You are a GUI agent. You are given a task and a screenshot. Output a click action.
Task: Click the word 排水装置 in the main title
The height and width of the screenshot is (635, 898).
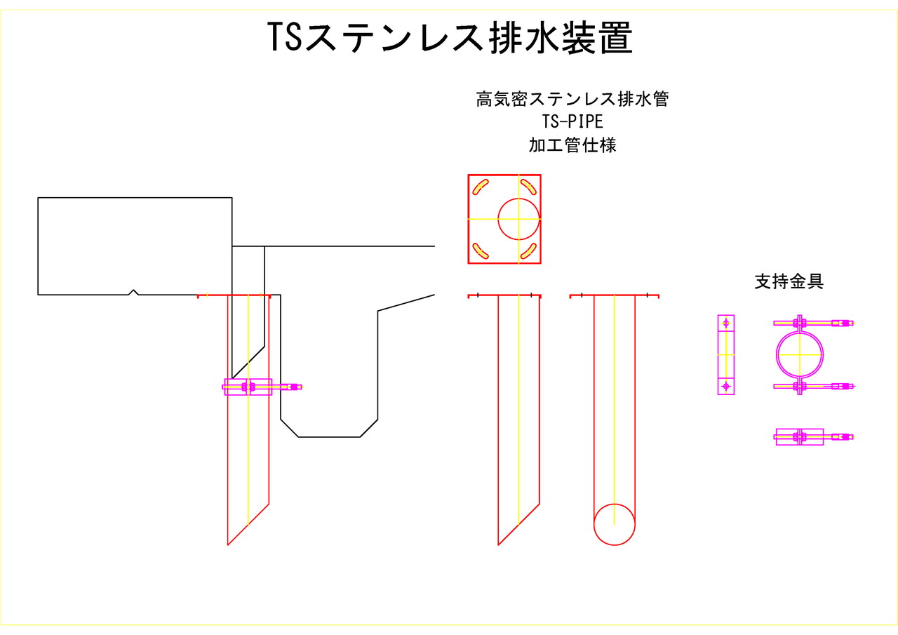coord(560,37)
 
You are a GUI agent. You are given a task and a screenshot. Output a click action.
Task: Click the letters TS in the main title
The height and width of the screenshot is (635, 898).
coord(285,37)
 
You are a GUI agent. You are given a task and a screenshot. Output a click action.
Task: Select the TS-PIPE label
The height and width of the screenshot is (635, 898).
coord(572,122)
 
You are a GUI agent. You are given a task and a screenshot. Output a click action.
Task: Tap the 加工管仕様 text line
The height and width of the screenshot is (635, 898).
coord(572,146)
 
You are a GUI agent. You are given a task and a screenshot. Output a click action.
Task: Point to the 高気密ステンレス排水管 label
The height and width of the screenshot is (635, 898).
coord(572,99)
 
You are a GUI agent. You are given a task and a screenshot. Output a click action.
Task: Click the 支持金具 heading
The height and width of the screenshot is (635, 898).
coord(789,282)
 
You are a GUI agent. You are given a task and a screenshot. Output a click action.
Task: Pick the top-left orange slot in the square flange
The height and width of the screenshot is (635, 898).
coord(481,187)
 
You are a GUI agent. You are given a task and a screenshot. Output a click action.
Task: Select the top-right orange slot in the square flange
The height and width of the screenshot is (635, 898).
coord(528,187)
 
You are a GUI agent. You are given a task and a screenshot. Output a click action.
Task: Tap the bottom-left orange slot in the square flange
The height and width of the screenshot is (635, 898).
coord(481,250)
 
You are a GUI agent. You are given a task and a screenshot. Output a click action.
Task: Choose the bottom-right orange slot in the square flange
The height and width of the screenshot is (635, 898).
coord(528,250)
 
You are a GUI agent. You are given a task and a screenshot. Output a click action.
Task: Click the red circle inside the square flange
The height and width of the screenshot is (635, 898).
coord(519,218)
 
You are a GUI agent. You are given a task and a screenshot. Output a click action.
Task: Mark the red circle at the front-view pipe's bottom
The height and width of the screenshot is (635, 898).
coord(615,524)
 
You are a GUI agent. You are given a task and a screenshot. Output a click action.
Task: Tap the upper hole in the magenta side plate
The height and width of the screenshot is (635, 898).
coord(726,323)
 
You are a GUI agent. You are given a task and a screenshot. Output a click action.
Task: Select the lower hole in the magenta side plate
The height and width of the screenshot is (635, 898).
coord(726,386)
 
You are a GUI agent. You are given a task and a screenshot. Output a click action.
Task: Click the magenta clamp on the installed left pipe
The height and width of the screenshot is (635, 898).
coord(248,387)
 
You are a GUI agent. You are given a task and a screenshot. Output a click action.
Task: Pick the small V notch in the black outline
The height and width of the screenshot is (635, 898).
coord(134,292)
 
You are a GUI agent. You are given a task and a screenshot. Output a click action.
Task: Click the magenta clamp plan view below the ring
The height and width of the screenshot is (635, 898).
coord(800,437)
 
